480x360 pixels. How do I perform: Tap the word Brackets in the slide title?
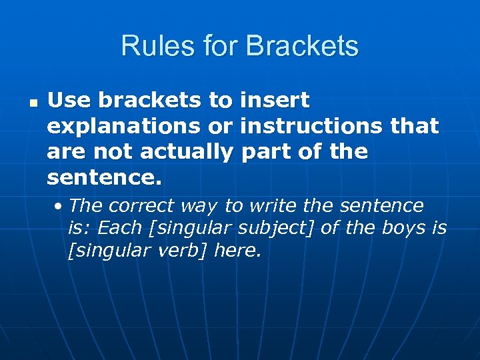302,47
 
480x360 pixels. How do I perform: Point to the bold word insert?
274,101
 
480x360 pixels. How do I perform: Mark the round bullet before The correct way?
60,205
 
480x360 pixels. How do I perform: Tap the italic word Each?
120,228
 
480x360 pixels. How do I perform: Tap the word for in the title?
216,47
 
